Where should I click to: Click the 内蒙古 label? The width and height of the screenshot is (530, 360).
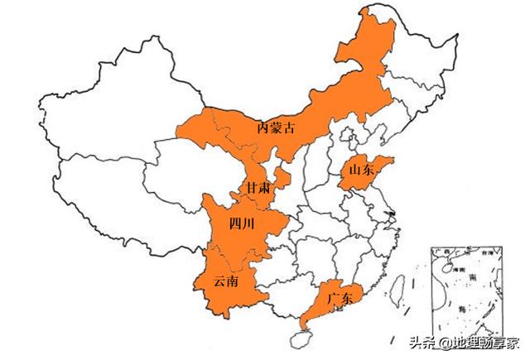coord(276,127)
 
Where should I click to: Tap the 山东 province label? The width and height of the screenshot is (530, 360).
coord(361,170)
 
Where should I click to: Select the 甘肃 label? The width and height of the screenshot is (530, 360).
coord(257,188)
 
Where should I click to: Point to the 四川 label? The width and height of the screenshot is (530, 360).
coord(243,223)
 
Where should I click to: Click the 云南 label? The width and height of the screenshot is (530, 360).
coord(226,281)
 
